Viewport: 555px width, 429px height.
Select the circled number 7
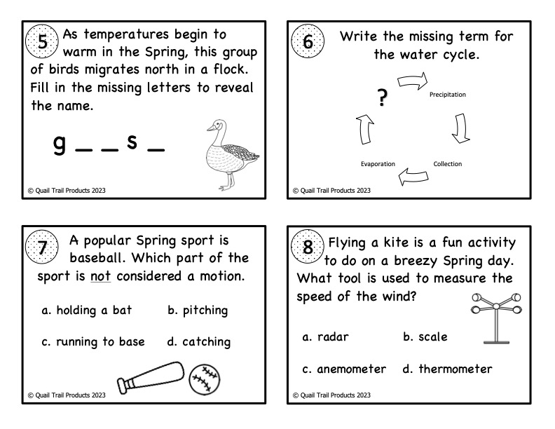coord(43,247)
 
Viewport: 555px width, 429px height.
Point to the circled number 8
coord(308,247)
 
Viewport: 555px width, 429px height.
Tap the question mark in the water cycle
coord(382,99)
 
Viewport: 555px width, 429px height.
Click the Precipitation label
coord(447,94)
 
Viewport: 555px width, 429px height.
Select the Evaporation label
coord(378,164)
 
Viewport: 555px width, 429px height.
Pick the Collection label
coord(447,164)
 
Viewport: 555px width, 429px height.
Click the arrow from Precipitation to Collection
coord(460,127)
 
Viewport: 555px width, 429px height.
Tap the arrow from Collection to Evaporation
coord(412,177)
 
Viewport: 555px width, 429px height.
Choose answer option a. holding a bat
coord(86,311)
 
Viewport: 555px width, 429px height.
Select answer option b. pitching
coord(198,311)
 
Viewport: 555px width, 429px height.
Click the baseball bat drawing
coord(149,376)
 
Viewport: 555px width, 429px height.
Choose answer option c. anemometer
coord(344,369)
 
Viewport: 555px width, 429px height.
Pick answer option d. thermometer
coord(447,369)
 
